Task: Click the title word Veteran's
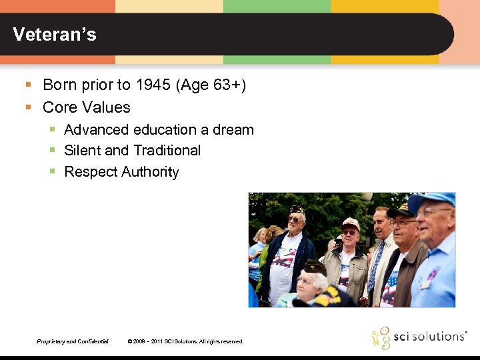tap(55, 35)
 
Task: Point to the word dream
tap(233, 129)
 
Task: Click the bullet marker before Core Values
tap(29, 107)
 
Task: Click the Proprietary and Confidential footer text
tap(73, 341)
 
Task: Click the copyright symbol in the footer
tap(129, 341)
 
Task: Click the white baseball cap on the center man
tap(351, 223)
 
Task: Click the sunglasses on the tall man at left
tap(295, 219)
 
